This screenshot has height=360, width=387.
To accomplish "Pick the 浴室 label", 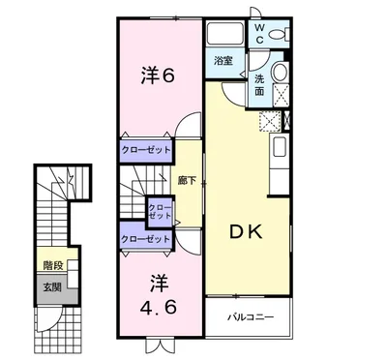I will (224, 60).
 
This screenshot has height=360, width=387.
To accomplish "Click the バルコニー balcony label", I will (251, 316).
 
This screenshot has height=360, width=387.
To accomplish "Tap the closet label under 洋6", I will (145, 151).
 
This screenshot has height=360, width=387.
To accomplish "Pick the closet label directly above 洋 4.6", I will (145, 238).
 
